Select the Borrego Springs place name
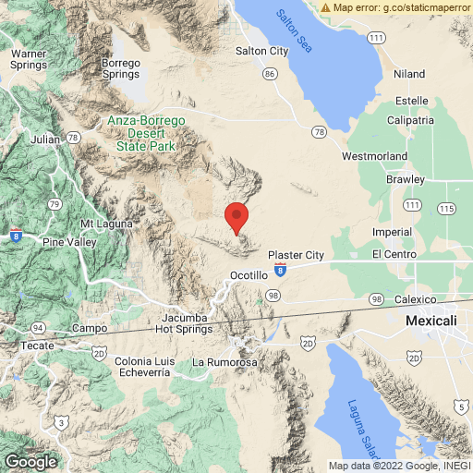tap(121, 67)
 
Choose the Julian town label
tap(44, 139)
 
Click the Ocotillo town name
tap(249, 275)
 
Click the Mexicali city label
tap(431, 320)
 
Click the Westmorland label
tap(373, 156)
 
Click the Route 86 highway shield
tap(269, 72)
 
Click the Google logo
tap(30, 462)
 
